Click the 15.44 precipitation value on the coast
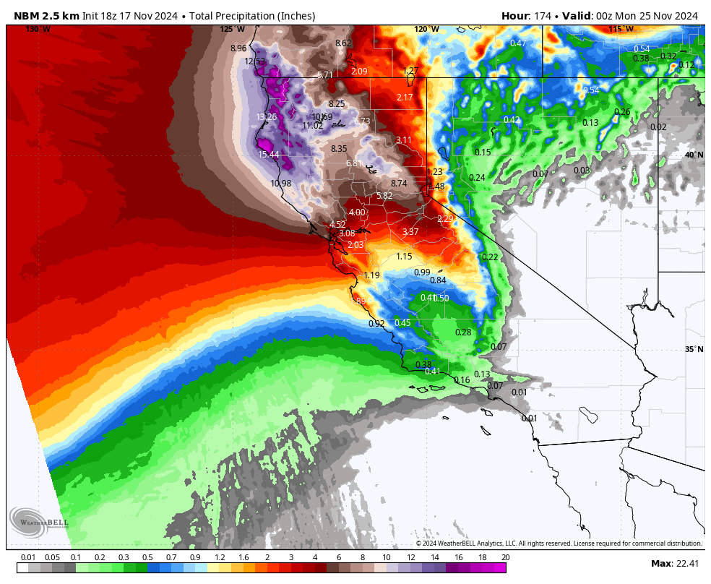pyautogui.click(x=269, y=155)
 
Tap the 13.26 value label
pyautogui.click(x=267, y=117)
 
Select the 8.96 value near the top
pyautogui.click(x=238, y=48)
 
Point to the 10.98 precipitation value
pyautogui.click(x=281, y=184)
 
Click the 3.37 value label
pyautogui.click(x=410, y=232)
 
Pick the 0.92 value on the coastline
pyautogui.click(x=376, y=324)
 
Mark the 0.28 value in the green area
pyautogui.click(x=463, y=332)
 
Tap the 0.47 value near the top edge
pyautogui.click(x=518, y=43)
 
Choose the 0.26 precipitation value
pyautogui.click(x=622, y=112)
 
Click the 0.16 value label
pyautogui.click(x=462, y=380)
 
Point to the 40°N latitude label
pyautogui.click(x=694, y=155)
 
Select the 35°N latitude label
pyautogui.click(x=694, y=350)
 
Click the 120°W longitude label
pyautogui.click(x=426, y=30)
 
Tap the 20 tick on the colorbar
pyautogui.click(x=505, y=558)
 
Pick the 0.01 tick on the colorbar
pyautogui.click(x=28, y=558)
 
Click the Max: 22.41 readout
pyautogui.click(x=675, y=564)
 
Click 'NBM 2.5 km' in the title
pyautogui.click(x=45, y=16)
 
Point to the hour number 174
pyautogui.click(x=543, y=16)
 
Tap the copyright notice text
pyautogui.click(x=558, y=544)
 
